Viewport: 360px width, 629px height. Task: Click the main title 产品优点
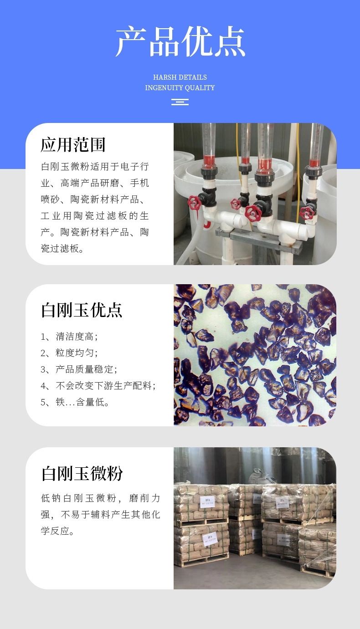(x=180, y=41)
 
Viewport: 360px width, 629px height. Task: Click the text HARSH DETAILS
(x=180, y=77)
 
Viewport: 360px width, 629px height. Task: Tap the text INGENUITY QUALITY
(x=180, y=88)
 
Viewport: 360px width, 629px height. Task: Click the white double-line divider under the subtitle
(x=180, y=102)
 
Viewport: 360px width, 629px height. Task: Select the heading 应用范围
(x=73, y=145)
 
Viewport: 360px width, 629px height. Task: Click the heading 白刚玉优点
(x=82, y=310)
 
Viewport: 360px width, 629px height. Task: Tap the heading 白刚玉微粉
(x=82, y=473)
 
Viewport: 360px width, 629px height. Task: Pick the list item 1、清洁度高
(x=69, y=337)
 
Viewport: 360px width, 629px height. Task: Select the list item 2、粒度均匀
(x=69, y=353)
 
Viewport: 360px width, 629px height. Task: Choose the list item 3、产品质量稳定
(x=79, y=369)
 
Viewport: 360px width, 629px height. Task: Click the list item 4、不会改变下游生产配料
(x=98, y=385)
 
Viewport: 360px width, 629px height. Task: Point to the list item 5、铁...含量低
(x=75, y=402)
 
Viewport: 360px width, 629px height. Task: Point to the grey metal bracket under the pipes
(x=258, y=238)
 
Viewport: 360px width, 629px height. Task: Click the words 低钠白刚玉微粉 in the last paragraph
(x=78, y=498)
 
